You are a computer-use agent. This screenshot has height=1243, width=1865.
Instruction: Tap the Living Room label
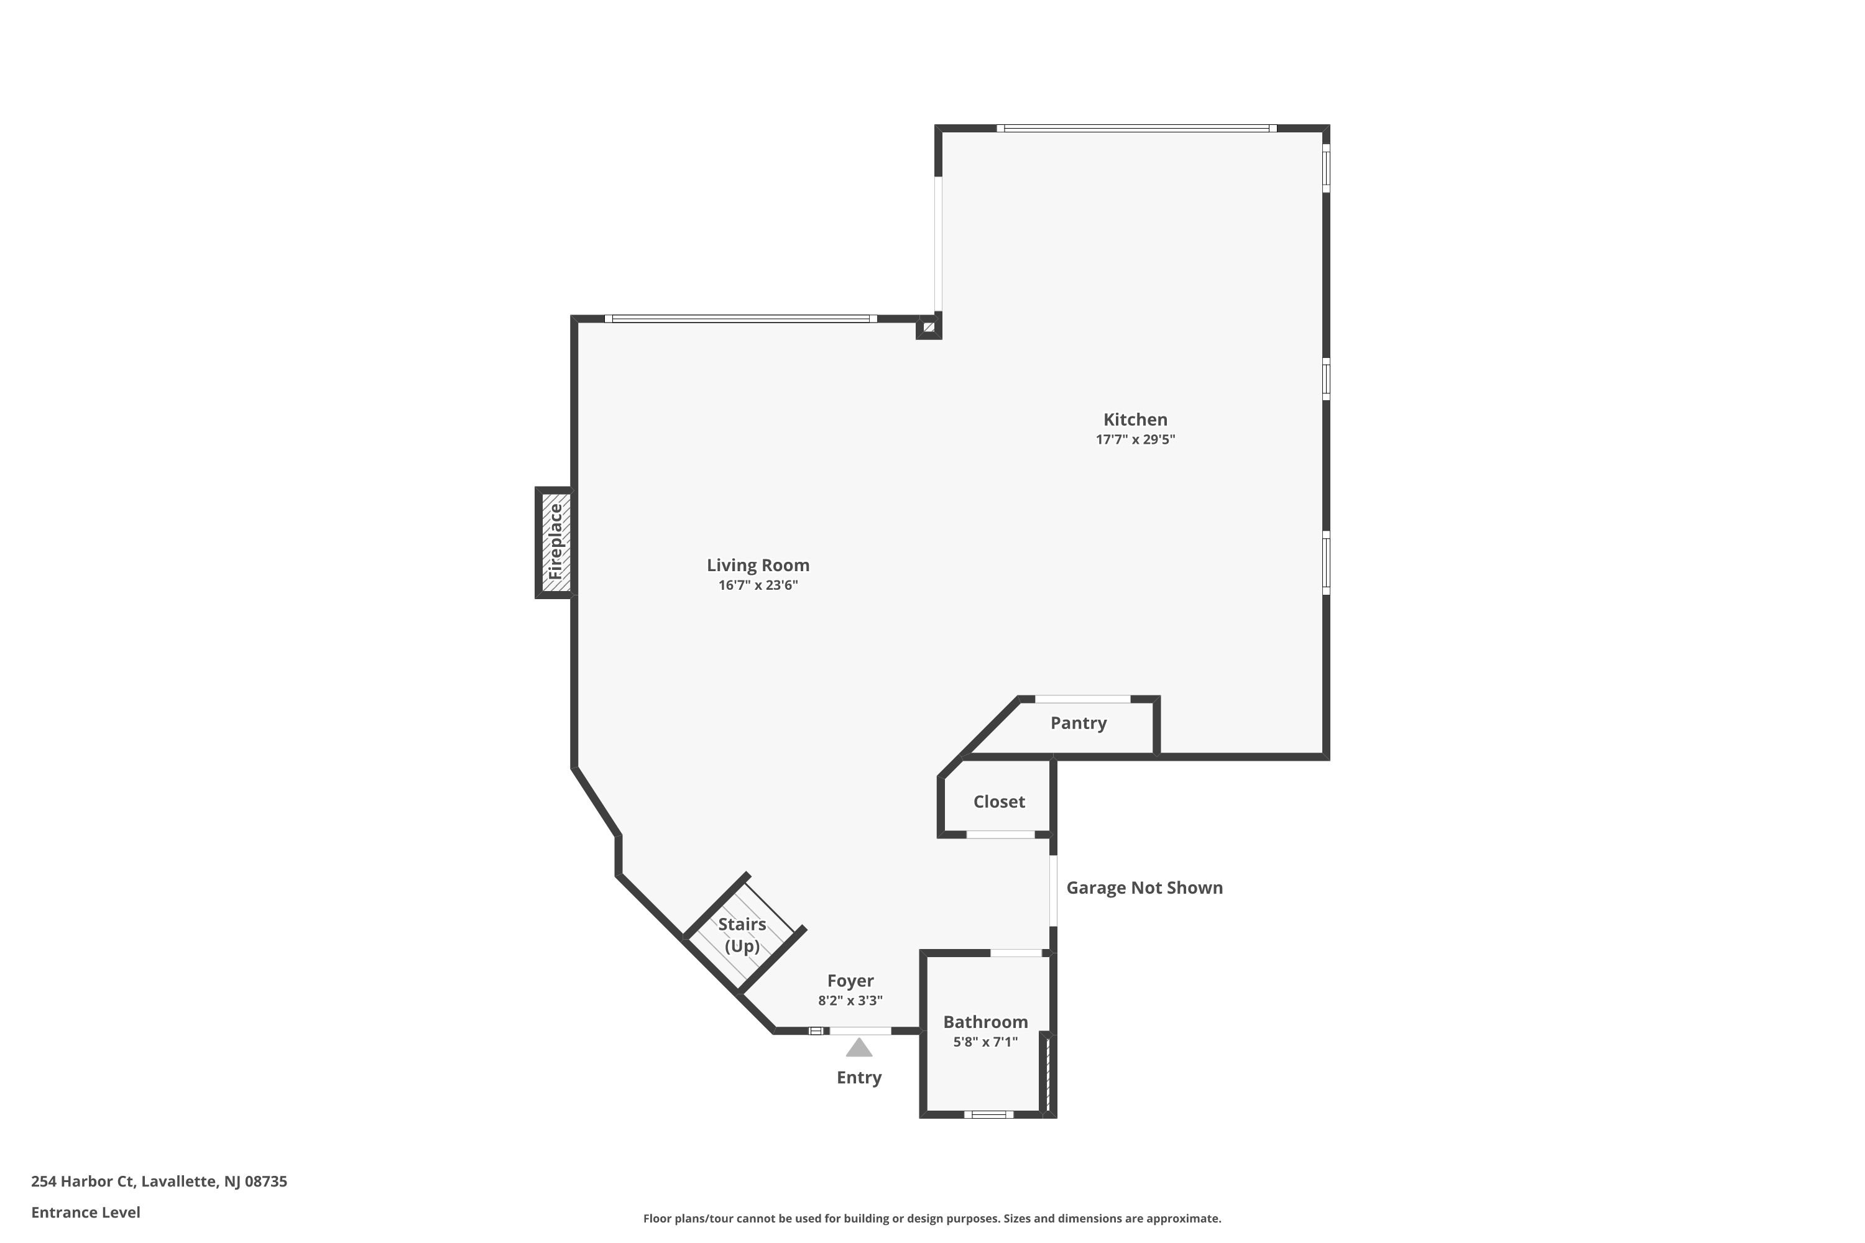(x=758, y=565)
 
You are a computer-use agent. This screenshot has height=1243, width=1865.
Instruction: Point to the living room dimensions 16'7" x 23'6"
(x=758, y=585)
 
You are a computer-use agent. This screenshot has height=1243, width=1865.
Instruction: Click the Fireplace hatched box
(x=555, y=542)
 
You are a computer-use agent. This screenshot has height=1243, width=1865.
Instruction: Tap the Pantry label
(x=1079, y=723)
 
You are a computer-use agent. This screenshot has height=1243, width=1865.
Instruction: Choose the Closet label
(x=999, y=802)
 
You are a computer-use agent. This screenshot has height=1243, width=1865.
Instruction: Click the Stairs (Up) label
(x=742, y=935)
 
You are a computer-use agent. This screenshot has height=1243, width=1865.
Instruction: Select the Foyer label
(x=850, y=981)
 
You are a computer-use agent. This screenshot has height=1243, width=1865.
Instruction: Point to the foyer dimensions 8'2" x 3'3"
(x=850, y=1001)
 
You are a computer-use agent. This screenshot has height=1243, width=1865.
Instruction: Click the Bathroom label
(x=985, y=1022)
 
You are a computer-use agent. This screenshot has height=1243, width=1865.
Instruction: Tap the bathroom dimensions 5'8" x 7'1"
(x=985, y=1042)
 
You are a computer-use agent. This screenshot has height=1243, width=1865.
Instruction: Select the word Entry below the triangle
(x=859, y=1077)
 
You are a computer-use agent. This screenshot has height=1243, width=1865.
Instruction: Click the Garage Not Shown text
(x=1144, y=888)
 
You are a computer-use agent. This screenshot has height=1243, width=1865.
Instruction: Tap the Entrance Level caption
(x=86, y=1212)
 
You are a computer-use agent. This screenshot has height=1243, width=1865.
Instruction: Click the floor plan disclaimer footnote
(x=932, y=1218)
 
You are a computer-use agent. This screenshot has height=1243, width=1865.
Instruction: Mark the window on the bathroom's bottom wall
(x=988, y=1114)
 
